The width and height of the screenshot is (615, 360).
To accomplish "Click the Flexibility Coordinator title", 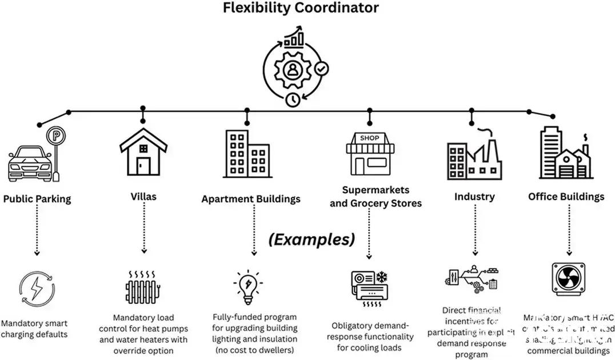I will click(301, 8).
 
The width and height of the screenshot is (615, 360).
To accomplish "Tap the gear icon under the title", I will click(293, 69).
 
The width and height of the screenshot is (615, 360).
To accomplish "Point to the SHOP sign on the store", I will click(369, 138).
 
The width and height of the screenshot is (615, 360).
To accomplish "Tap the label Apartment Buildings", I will click(250, 199).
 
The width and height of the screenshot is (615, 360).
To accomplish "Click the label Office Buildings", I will click(566, 197).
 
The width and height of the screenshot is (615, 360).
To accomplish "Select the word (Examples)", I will click(312, 239).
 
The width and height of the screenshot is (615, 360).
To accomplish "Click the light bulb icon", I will click(247, 287).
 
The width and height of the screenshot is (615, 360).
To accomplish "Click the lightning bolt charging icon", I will click(37, 289).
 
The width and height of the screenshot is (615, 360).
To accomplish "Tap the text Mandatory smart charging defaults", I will click(34, 329).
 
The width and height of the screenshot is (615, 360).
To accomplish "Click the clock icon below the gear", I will click(293, 99).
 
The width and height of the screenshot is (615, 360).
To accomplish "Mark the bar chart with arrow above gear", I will click(294, 37).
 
